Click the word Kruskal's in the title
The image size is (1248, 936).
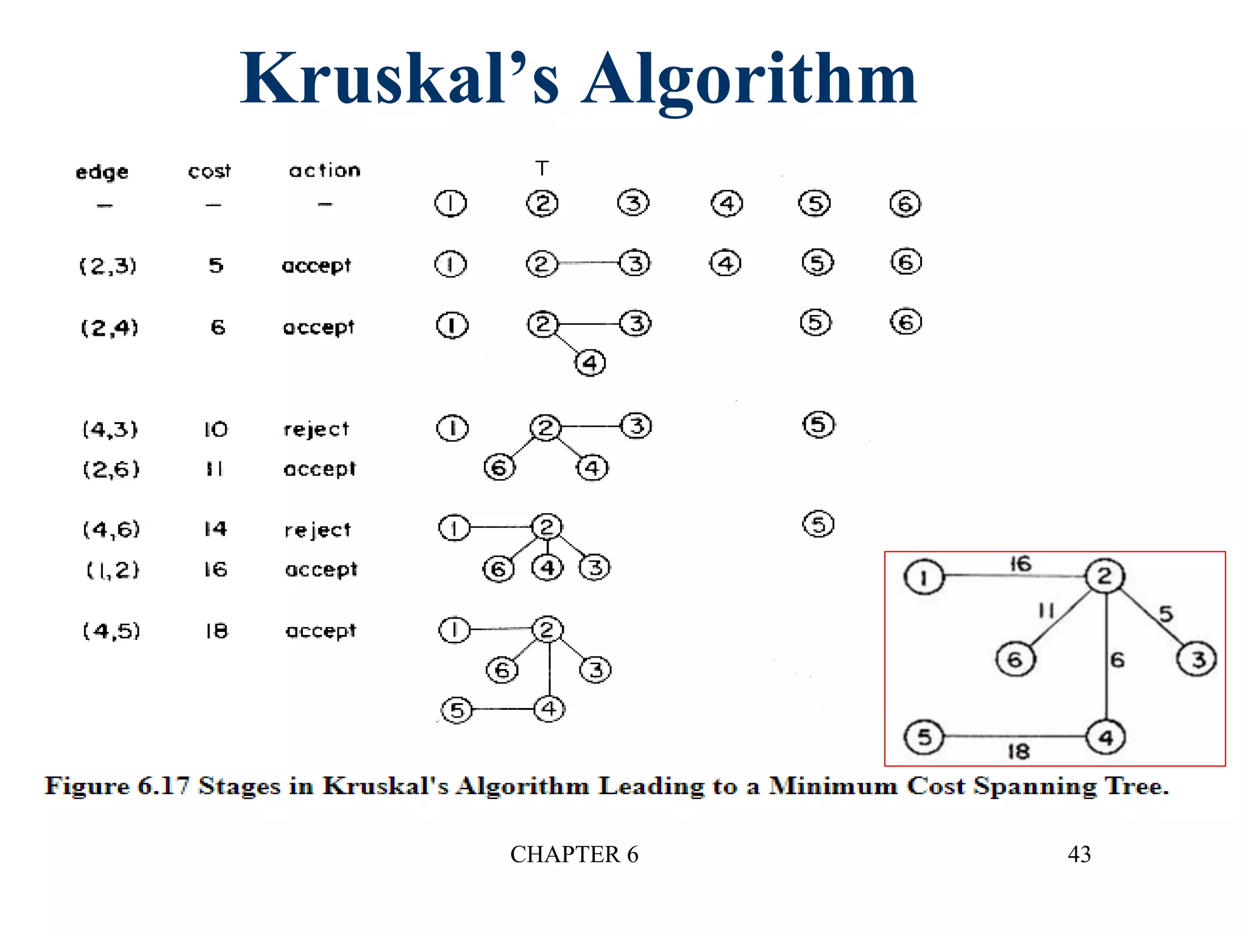pyautogui.click(x=399, y=79)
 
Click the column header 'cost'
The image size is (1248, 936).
pyautogui.click(x=209, y=171)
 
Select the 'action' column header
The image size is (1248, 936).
pyautogui.click(x=324, y=170)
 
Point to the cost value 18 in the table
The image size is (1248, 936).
pyautogui.click(x=216, y=630)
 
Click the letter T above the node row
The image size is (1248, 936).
pyautogui.click(x=542, y=168)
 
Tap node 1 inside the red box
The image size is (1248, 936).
pyautogui.click(x=923, y=576)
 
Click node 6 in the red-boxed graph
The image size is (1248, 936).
pyautogui.click(x=1015, y=659)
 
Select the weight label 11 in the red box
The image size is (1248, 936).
pyautogui.click(x=1046, y=610)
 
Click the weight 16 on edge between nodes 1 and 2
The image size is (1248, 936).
pyautogui.click(x=1021, y=563)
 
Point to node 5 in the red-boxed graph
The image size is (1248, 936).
pyautogui.click(x=924, y=737)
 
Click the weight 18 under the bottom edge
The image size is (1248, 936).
pyautogui.click(x=1018, y=751)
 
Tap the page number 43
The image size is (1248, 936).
pyautogui.click(x=1079, y=854)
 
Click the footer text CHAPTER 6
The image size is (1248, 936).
pyautogui.click(x=574, y=854)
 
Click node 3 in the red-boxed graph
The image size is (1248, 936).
pyautogui.click(x=1197, y=659)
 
